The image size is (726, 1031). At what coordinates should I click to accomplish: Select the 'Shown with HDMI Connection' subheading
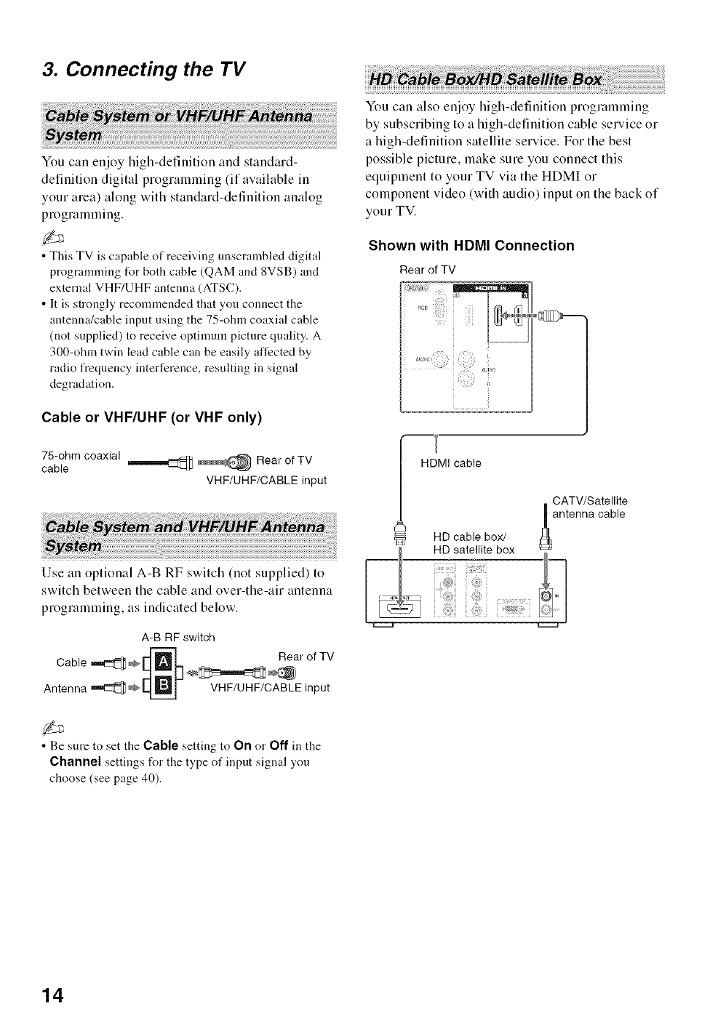point(471,246)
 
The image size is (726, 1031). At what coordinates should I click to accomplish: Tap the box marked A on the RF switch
point(164,662)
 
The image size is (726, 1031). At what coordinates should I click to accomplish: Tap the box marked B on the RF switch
point(164,687)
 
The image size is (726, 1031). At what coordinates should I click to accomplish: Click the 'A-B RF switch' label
point(178,638)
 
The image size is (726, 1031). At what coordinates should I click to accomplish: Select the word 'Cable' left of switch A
point(71,662)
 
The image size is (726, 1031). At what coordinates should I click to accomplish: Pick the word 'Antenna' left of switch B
point(65,688)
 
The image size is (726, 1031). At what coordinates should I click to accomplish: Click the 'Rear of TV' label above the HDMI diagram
point(428,270)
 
